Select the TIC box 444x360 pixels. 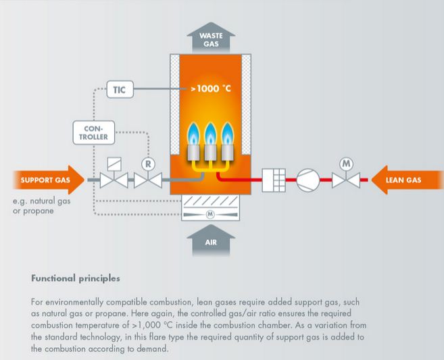tap(120, 88)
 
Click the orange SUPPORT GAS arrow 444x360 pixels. tap(43, 180)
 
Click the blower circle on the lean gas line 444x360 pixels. tap(308, 180)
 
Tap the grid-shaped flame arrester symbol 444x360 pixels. tap(274, 180)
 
